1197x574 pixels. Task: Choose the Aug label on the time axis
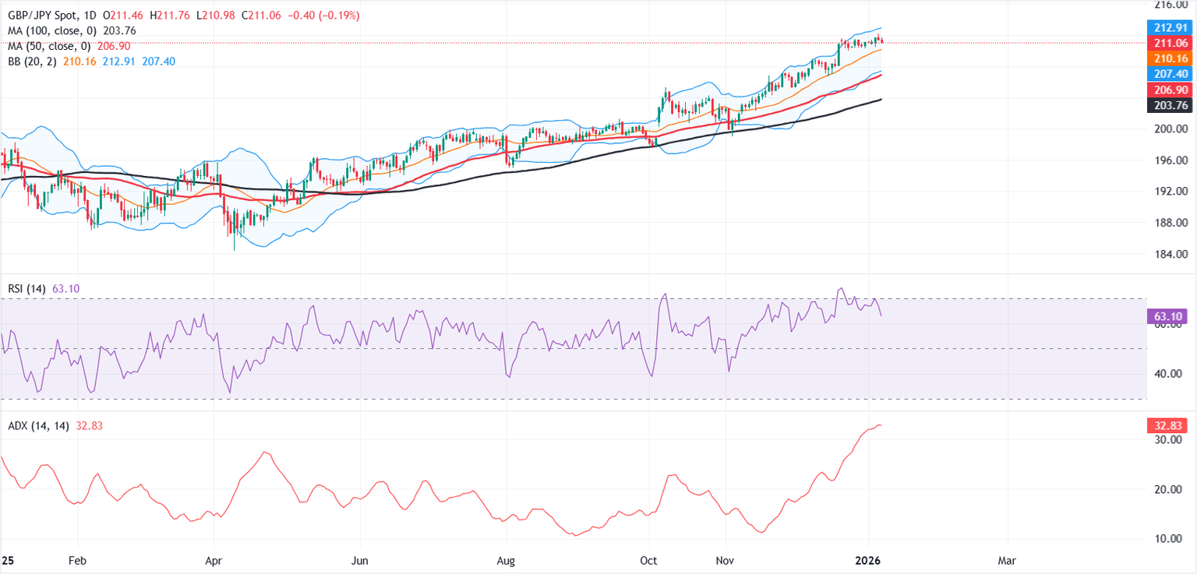tap(507, 560)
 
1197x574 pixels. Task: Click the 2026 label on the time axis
tap(869, 560)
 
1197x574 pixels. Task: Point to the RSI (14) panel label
tap(27, 289)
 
